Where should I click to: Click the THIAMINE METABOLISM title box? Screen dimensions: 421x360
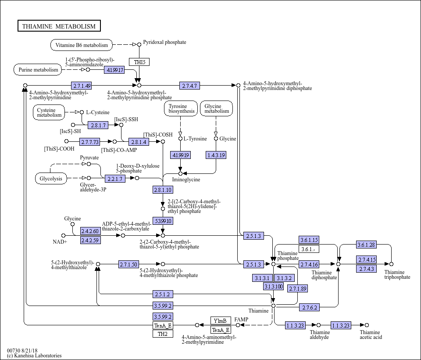pyautogui.click(x=59, y=26)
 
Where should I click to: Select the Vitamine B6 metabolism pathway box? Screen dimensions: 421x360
pyautogui.click(x=82, y=45)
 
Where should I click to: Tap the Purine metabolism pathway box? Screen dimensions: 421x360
pyautogui.click(x=38, y=70)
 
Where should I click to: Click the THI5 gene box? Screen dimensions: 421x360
pyautogui.click(x=139, y=62)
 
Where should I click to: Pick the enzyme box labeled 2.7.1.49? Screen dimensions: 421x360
pyautogui.click(x=82, y=86)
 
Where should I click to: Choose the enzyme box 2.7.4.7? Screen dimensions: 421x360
pyautogui.click(x=189, y=86)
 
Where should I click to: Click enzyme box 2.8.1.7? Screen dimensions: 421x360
pyautogui.click(x=98, y=125)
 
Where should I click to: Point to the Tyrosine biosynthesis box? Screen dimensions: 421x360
pyautogui.click(x=181, y=108)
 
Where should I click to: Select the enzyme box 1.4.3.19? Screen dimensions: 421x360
pyautogui.click(x=216, y=155)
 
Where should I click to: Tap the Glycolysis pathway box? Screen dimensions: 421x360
pyautogui.click(x=51, y=179)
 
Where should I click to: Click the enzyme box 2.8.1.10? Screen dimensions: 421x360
pyautogui.click(x=163, y=190)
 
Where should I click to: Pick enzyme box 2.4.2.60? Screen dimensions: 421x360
pyautogui.click(x=90, y=231)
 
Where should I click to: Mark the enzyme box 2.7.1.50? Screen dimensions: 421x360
pyautogui.click(x=128, y=264)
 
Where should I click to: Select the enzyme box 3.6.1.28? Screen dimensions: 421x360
pyautogui.click(x=367, y=245)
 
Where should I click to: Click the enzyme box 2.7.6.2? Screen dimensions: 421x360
pyautogui.click(x=309, y=307)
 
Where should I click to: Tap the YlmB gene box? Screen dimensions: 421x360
pyautogui.click(x=221, y=320)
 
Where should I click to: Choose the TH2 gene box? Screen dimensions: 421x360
pyautogui.click(x=163, y=334)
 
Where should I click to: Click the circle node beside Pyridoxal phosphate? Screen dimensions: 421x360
pyautogui.click(x=139, y=44)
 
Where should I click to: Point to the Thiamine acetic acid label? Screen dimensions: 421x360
pyautogui.click(x=371, y=335)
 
